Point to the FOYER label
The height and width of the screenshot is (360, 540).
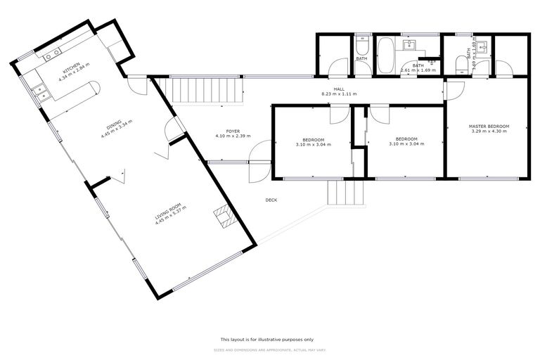[x=233, y=131]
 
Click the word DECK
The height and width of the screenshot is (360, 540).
[x=271, y=200]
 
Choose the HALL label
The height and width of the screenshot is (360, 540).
[x=339, y=89]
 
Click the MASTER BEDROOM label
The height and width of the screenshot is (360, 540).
[x=489, y=127]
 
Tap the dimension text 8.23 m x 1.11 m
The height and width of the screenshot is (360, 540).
[x=339, y=94]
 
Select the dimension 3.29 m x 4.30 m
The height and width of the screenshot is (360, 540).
[x=489, y=131]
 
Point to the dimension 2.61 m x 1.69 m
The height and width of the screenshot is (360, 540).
[x=418, y=70]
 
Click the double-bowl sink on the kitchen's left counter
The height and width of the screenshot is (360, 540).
[x=38, y=92]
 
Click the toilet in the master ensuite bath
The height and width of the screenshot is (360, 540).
[x=462, y=65]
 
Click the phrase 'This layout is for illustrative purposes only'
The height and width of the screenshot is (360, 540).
[x=271, y=338]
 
